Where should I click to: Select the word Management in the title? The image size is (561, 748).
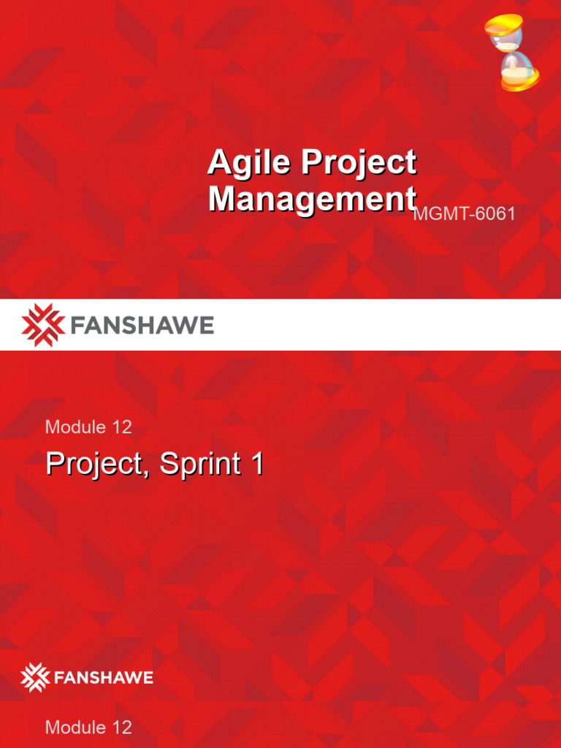[x=312, y=199]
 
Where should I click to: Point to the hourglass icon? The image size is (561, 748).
[x=512, y=53]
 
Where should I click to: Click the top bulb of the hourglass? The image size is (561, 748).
[x=505, y=28]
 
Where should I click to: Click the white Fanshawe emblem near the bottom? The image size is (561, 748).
[x=34, y=677]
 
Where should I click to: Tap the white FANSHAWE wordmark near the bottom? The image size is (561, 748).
[x=102, y=678]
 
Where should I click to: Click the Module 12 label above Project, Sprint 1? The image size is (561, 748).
[x=88, y=427]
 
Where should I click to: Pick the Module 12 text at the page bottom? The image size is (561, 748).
[x=88, y=727]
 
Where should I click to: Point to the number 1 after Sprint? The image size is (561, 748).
[x=256, y=464]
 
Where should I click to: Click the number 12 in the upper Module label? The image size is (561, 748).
[x=121, y=427]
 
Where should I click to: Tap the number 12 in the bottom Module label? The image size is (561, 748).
[x=121, y=727]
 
